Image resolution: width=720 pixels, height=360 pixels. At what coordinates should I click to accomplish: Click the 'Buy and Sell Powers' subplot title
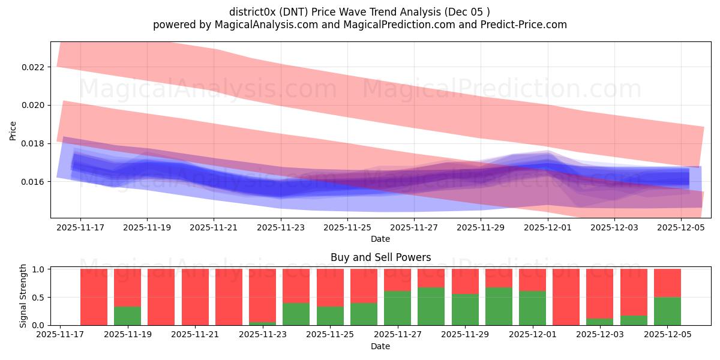380,257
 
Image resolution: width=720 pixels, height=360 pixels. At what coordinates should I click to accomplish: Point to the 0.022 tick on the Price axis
33,67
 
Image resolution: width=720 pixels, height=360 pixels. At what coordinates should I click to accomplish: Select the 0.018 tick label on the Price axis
33,143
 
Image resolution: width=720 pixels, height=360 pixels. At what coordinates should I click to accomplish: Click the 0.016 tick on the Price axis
33,182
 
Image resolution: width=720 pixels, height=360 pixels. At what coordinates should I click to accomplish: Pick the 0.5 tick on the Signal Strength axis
38,298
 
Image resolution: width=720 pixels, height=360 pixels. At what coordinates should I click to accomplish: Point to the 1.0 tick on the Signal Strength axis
38,269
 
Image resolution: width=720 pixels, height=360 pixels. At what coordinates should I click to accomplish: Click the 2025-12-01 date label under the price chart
547,228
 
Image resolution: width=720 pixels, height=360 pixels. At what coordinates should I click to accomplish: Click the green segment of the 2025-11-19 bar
127,316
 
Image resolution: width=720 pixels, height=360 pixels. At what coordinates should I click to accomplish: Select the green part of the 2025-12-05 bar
667,311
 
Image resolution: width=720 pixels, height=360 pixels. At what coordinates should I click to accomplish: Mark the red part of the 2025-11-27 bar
397,280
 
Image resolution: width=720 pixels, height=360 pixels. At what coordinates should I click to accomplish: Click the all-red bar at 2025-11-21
195,297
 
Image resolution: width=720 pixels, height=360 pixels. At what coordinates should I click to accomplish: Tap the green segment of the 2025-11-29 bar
465,310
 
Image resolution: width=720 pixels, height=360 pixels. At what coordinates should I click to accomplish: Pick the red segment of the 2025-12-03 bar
600,293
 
